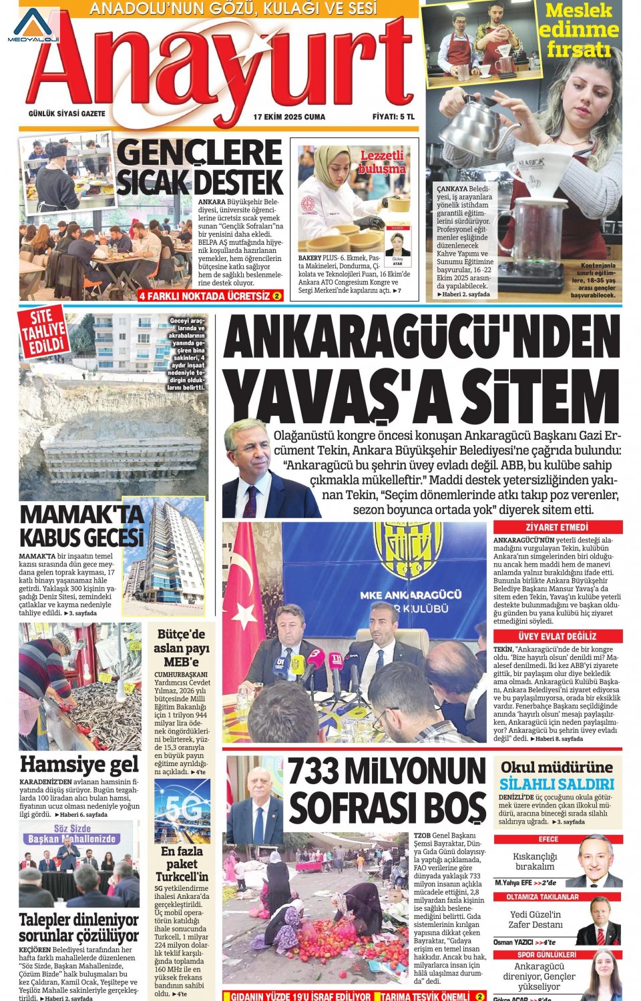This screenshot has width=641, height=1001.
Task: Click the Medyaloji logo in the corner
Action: coord(33,25)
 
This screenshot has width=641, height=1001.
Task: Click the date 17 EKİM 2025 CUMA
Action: coord(289,117)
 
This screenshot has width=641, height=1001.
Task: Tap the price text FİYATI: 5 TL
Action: coord(393,117)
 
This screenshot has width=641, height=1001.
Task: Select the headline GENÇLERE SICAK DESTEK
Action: coord(200,168)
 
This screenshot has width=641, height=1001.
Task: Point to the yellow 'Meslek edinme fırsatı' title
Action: coord(578,30)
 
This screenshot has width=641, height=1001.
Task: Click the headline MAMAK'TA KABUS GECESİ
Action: coord(81,526)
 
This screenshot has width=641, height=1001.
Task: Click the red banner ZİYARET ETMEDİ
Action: coord(557,527)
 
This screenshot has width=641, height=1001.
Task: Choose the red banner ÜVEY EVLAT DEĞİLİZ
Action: coord(557,636)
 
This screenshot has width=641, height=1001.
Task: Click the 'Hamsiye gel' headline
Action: coord(79,763)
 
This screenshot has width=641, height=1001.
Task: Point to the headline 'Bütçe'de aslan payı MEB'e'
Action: coord(181,647)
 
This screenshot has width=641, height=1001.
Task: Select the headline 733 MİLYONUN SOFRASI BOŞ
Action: coord(387,791)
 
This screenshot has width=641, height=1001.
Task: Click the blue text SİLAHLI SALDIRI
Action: coord(557,784)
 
